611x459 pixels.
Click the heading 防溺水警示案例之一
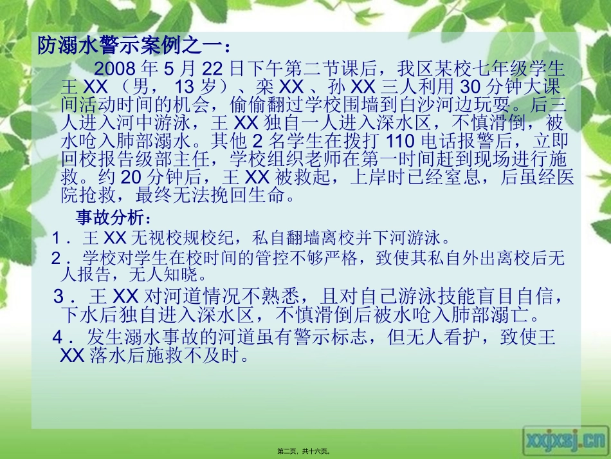tap(131, 46)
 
